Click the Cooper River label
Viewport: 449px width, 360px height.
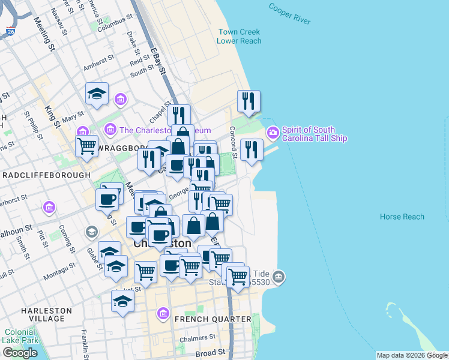tap(289, 14)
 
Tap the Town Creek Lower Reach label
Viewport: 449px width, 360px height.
tap(240, 36)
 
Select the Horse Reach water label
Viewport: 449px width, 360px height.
tap(402, 217)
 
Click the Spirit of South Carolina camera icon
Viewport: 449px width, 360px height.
tap(273, 131)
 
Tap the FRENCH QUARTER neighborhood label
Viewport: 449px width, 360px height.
tap(212, 319)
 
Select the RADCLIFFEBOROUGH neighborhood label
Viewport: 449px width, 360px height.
tap(47, 175)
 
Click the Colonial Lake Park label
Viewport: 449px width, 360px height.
tap(19, 336)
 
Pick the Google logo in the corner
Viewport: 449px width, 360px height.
tap(20, 353)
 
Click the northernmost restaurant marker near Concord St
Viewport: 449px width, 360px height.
tap(247, 101)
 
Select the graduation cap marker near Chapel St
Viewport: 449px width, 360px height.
tap(97, 94)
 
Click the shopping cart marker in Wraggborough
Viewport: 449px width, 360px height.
tap(87, 145)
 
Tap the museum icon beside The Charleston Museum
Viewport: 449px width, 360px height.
tap(110, 129)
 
